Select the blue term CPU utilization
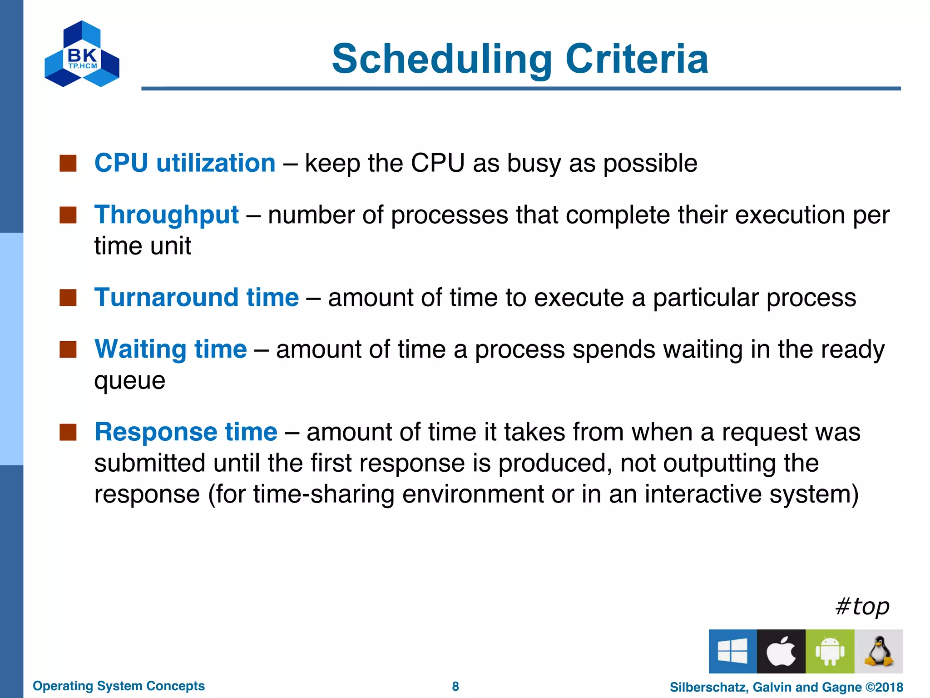click(x=185, y=163)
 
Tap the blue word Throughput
click(x=166, y=214)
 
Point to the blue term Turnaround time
click(x=196, y=298)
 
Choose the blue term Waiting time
click(x=170, y=349)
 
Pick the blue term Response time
click(x=186, y=432)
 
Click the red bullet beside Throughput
click(x=68, y=215)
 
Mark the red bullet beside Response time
click(x=68, y=432)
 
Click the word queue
click(x=129, y=381)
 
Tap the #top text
click(x=862, y=607)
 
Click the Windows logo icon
click(x=732, y=651)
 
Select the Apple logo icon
click(x=781, y=651)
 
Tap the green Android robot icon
click(x=830, y=651)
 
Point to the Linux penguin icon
click(x=878, y=651)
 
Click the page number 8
click(x=455, y=686)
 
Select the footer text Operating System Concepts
click(x=119, y=686)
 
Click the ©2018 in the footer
click(x=884, y=687)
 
